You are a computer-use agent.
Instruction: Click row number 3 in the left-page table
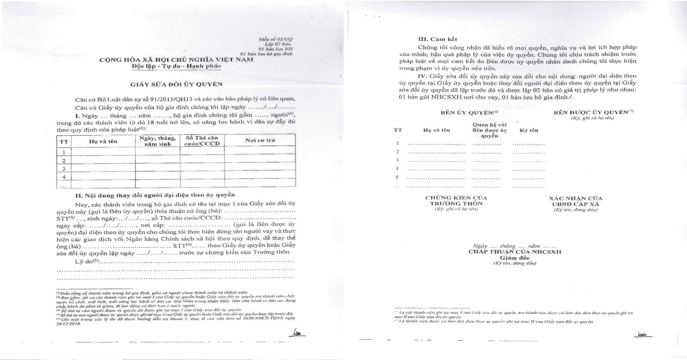pyautogui.click(x=65, y=168)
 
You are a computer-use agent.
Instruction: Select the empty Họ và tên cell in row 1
pyautogui.click(x=103, y=152)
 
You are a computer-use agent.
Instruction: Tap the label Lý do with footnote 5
pyautogui.click(x=87, y=261)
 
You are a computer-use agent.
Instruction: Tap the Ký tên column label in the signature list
pyautogui.click(x=529, y=130)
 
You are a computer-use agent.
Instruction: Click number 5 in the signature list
pyautogui.click(x=397, y=177)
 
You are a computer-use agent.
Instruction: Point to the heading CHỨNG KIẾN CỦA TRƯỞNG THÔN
pyautogui.click(x=456, y=200)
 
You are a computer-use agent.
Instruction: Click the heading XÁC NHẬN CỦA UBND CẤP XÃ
pyautogui.click(x=575, y=200)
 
